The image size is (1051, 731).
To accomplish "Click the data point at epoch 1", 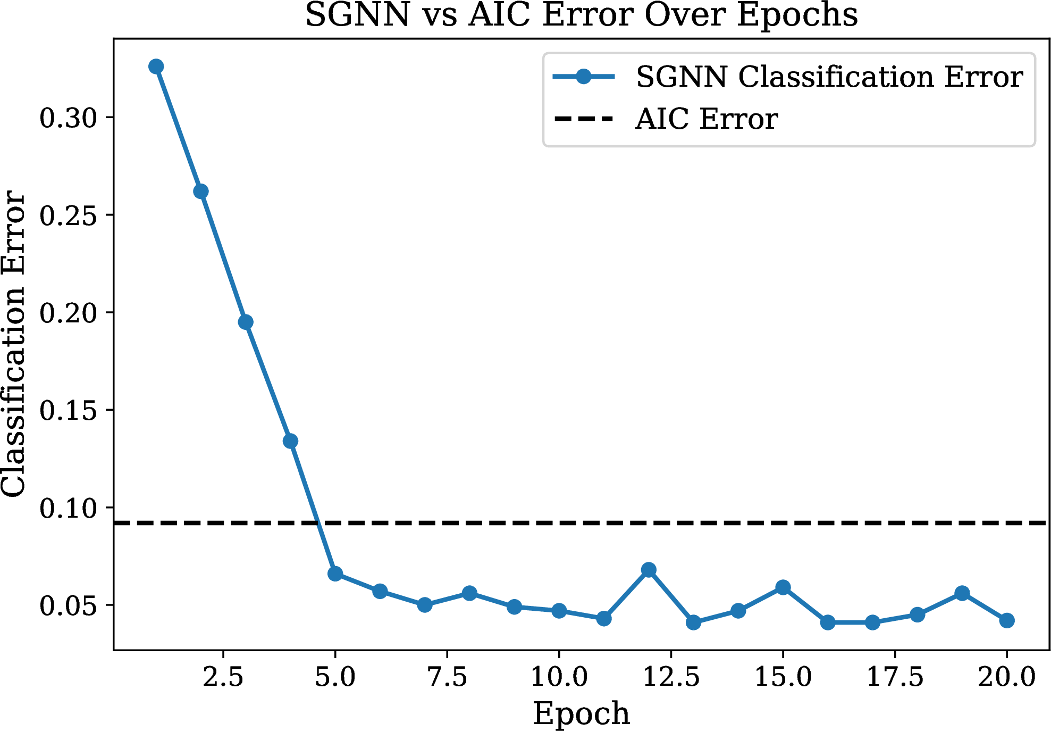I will click(x=156, y=67).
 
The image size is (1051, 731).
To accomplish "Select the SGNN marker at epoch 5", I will click(x=335, y=574).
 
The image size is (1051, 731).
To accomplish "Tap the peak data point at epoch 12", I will click(x=649, y=570).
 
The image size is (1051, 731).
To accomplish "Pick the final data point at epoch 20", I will click(x=1006, y=620).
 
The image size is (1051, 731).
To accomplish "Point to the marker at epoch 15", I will click(x=783, y=587).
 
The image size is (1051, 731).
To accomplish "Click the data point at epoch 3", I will click(x=246, y=322).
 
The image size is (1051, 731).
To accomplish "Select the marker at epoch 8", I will click(x=469, y=593).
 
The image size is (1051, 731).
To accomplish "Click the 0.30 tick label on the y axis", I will click(x=68, y=118).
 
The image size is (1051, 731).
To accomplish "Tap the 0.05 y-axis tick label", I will click(x=68, y=605).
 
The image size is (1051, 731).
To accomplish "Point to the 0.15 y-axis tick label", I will click(x=68, y=410).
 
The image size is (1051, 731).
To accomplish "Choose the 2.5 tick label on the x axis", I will click(x=223, y=677).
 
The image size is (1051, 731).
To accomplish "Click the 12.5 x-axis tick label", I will click(x=671, y=677).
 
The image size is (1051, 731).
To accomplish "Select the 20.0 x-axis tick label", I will click(x=1006, y=677).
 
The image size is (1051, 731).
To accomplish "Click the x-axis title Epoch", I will click(x=581, y=713).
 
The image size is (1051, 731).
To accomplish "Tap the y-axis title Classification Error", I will click(x=13, y=344).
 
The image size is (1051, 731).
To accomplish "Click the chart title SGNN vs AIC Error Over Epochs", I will click(x=581, y=15).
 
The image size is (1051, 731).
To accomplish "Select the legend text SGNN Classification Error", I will click(x=829, y=77).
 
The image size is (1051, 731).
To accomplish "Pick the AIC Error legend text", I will click(x=707, y=119).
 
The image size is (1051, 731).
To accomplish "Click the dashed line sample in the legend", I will click(x=584, y=119).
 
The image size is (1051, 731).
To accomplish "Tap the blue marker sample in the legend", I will click(x=584, y=77).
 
